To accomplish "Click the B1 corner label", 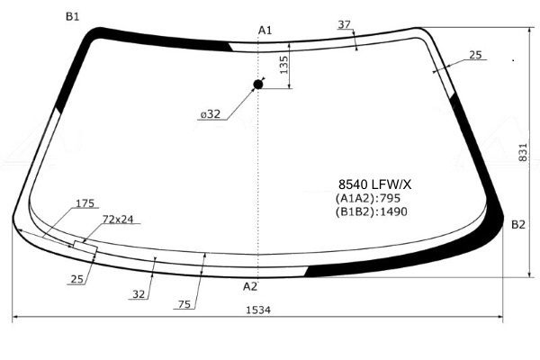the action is tap(72, 16).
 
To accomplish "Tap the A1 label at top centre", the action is tap(265, 31).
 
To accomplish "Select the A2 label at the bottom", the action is tap(250, 286).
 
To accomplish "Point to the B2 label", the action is tap(518, 225).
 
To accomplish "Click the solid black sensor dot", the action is tap(258, 85).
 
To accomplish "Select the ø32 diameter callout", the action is tap(210, 114).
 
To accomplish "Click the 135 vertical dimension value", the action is tap(283, 65).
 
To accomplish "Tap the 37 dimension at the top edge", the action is tap(344, 24).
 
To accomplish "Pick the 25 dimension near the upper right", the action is tap(475, 55).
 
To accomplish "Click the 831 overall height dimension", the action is tap(522, 152).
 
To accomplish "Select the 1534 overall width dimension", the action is tap(258, 310).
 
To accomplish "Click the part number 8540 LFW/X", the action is tap(374, 184).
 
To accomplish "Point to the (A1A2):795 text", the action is tap(368, 198).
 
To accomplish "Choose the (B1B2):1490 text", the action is tap(371, 211).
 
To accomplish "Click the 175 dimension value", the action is tap(85, 203).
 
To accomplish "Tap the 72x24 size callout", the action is tap(118, 219).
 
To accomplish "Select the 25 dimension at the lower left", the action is tap(77, 279).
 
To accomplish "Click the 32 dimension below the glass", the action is tap(139, 294).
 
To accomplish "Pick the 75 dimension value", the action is tap(184, 304).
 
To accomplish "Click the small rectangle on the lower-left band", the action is tap(85, 247).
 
